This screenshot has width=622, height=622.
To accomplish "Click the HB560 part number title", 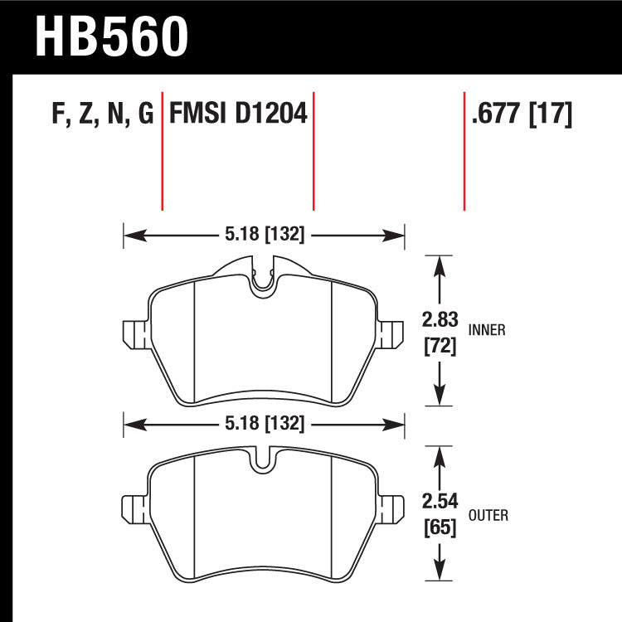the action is [x=111, y=36].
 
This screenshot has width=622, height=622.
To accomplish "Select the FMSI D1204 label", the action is [x=238, y=114].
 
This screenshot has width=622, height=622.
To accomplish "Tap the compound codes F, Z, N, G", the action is [x=103, y=114].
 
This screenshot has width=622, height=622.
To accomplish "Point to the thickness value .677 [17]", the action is [x=522, y=114].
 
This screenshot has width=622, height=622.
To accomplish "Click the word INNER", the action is [x=487, y=330].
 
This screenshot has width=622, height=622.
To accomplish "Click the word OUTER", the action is [x=488, y=515].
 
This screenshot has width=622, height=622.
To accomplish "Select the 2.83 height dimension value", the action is [x=440, y=320].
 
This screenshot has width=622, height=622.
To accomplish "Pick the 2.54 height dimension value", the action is [x=440, y=502].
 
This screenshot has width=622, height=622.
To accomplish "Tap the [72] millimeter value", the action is [x=440, y=347].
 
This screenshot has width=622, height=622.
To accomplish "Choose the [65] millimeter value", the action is [x=440, y=528].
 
